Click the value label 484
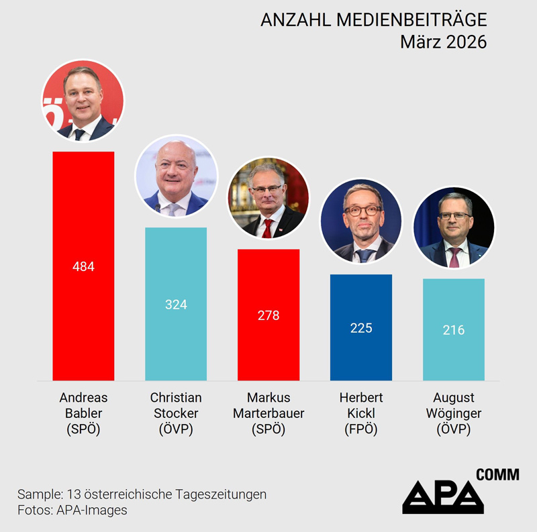[x=83, y=266]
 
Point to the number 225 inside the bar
[x=361, y=328]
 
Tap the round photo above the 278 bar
[x=268, y=197]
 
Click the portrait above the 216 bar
[x=454, y=227]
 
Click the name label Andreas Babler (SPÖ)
[x=83, y=413]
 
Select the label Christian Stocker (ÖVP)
[x=176, y=413]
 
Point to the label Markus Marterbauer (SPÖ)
[x=268, y=413]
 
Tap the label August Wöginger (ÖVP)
[x=454, y=413]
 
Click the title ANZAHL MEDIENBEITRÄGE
[x=373, y=21]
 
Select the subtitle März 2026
[x=443, y=42]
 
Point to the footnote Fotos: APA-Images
[x=72, y=511]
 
